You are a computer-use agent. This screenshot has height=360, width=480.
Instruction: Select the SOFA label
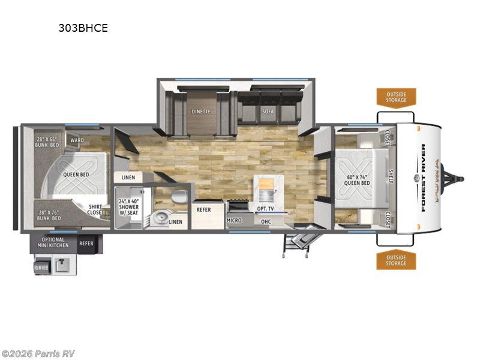[x=268, y=110]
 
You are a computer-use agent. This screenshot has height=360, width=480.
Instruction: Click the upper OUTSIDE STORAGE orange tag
[x=396, y=97]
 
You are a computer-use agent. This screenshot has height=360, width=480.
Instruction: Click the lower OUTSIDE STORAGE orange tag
[x=396, y=260]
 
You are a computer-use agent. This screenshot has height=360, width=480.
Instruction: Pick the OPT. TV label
[x=265, y=208]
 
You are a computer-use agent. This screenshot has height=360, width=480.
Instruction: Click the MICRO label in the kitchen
[x=234, y=221]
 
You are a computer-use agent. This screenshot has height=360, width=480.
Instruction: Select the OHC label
[x=266, y=221]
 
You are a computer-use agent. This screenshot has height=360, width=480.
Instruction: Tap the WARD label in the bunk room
[x=77, y=141]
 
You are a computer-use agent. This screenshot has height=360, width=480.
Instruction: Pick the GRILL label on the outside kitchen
[x=41, y=268]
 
